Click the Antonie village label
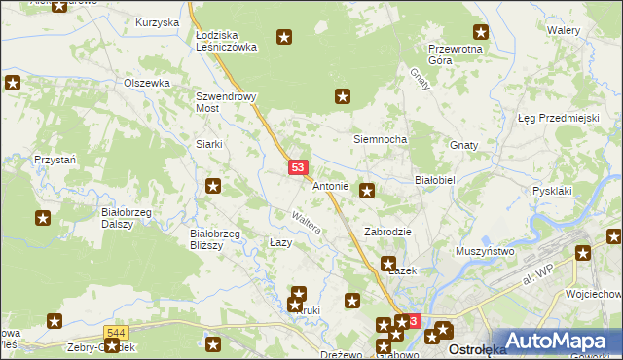tap(330, 185)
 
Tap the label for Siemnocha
tap(379, 139)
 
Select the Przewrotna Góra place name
tap(455, 54)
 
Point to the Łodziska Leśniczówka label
tap(224, 40)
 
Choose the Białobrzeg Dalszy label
tap(124, 216)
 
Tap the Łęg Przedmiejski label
tap(557, 118)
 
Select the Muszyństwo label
tap(485, 251)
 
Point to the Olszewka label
tap(147, 83)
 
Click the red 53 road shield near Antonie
tap(299, 168)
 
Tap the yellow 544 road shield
tap(115, 333)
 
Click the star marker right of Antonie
tap(367, 191)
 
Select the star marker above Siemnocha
tap(343, 96)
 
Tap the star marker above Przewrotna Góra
tap(480, 32)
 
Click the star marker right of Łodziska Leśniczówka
tap(284, 38)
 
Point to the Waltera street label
tap(308, 221)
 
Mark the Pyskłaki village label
tap(552, 192)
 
